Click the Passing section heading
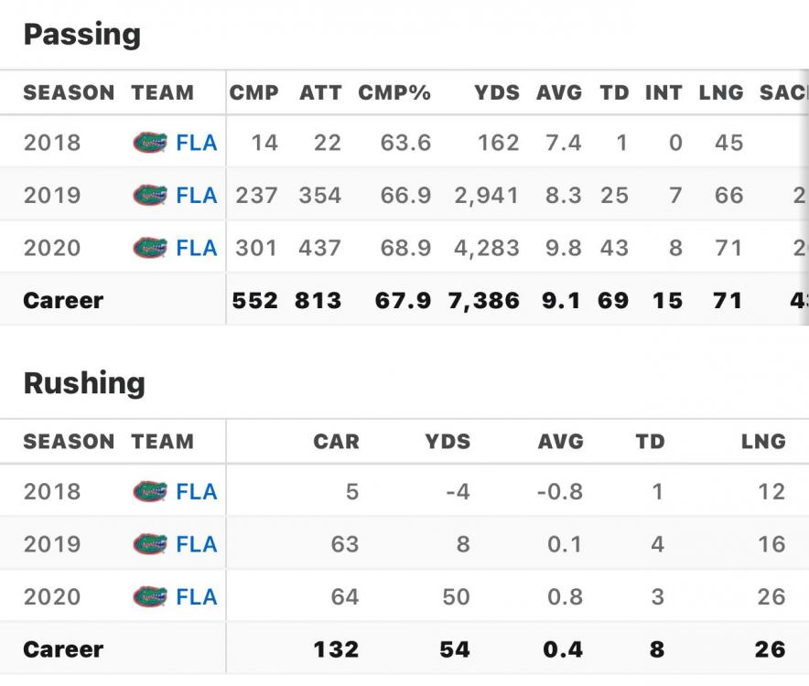point(81,35)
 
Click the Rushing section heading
point(84,383)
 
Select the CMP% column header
point(394,92)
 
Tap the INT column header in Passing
point(663,92)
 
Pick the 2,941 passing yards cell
point(486,195)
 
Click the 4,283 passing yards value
point(486,248)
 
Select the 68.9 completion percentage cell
point(405,248)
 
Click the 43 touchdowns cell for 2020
point(614,248)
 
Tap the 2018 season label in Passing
point(52,143)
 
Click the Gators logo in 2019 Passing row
point(150,195)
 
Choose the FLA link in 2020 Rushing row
point(197,597)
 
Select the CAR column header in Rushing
point(336,442)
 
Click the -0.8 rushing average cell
point(559,491)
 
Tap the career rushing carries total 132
point(336,649)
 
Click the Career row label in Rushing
point(63,649)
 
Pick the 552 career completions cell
point(255,300)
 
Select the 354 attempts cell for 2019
point(319,195)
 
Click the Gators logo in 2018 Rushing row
point(150,491)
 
